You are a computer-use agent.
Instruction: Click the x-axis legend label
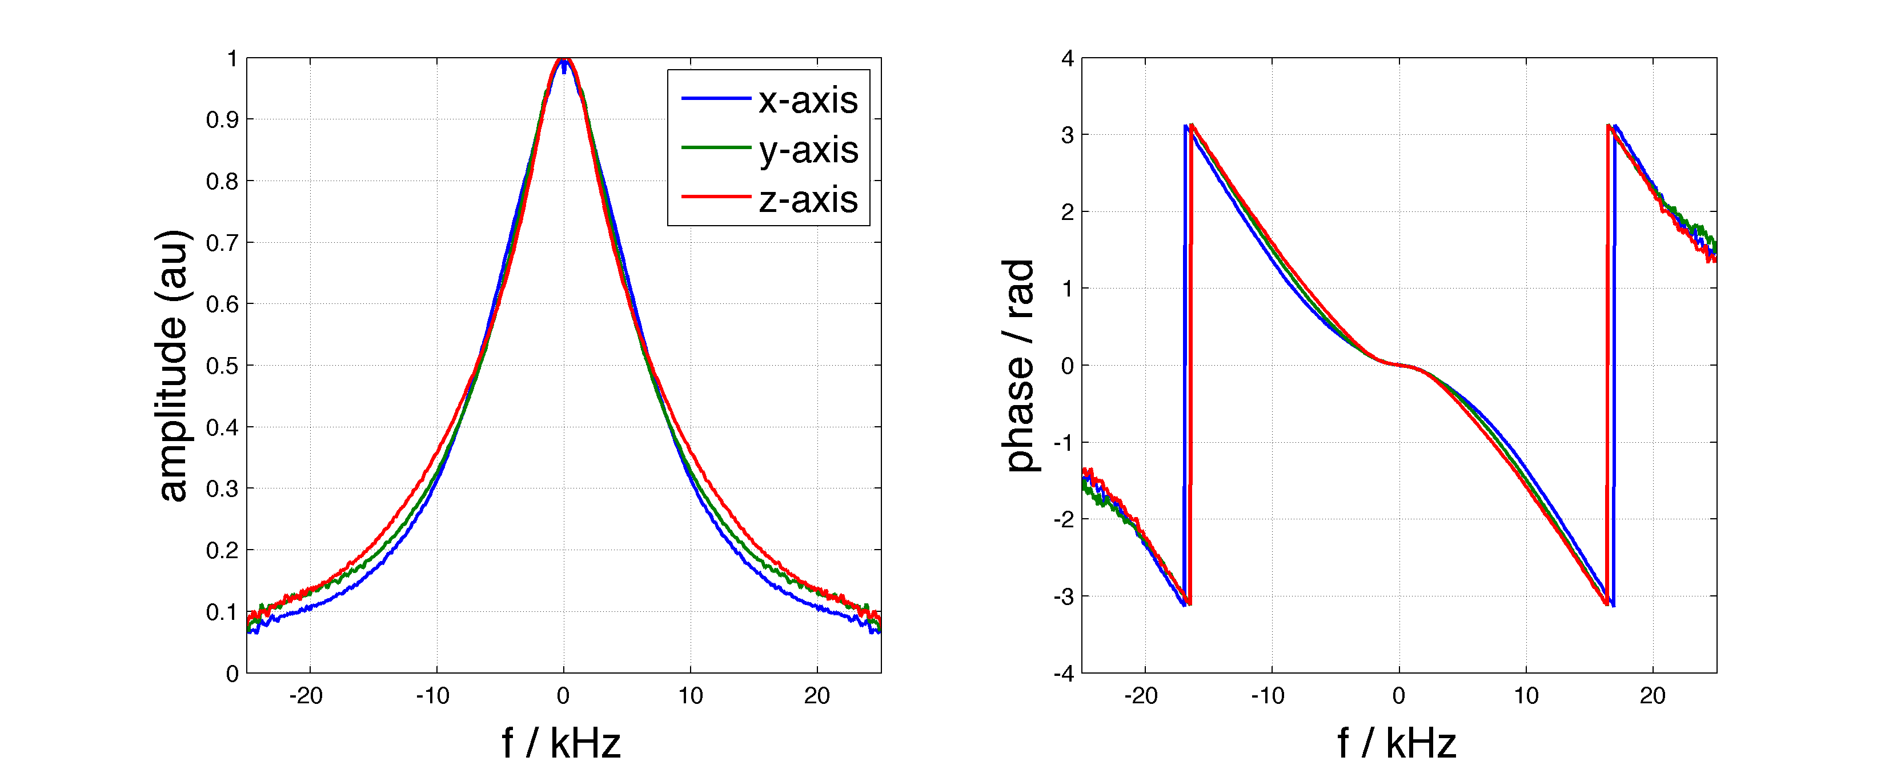tap(808, 100)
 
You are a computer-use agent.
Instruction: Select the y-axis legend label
tap(808, 150)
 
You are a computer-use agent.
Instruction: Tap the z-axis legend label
tap(808, 199)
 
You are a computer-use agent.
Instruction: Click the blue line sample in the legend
tap(715, 98)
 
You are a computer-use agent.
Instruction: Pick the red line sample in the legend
tap(715, 197)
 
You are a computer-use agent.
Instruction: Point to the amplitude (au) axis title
tap(173, 365)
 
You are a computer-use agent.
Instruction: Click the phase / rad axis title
tap(1020, 365)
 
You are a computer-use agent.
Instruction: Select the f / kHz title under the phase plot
tap(1397, 743)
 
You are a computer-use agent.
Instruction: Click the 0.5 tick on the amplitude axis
tap(222, 366)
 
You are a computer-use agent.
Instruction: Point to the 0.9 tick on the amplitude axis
tap(222, 120)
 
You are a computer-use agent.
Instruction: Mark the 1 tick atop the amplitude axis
tap(232, 58)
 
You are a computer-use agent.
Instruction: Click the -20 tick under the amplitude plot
tap(306, 696)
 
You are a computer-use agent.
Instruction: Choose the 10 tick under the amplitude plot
tap(690, 696)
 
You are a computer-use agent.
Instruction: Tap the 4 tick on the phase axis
tap(1067, 58)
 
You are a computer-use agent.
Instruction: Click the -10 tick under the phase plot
tap(1268, 696)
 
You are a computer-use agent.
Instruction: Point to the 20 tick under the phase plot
tap(1653, 696)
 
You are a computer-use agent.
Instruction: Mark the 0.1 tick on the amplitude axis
tap(222, 612)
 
